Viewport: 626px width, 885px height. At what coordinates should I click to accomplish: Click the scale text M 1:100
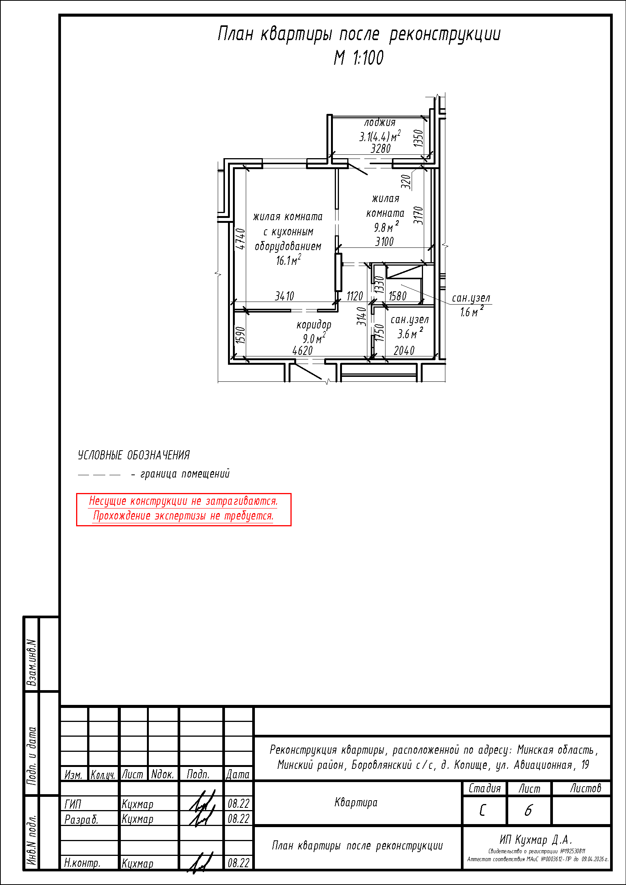[359, 58]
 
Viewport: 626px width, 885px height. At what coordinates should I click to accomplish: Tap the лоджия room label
[380, 123]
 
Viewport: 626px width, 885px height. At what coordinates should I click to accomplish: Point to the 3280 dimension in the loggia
[381, 148]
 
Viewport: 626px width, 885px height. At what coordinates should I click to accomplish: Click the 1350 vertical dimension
[418, 138]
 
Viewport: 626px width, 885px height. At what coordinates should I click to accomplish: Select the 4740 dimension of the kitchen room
[240, 239]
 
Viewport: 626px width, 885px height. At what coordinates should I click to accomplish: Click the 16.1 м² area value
[289, 260]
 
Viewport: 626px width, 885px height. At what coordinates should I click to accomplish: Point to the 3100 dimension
[384, 242]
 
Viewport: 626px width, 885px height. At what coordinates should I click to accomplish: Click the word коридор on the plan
[314, 325]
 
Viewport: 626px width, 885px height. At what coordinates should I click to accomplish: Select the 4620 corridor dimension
[303, 351]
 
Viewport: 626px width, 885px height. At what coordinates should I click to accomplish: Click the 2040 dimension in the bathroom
[404, 351]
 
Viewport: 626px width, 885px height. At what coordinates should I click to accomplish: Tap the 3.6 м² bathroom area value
[411, 333]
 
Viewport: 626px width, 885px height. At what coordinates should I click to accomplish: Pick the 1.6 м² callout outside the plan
[472, 311]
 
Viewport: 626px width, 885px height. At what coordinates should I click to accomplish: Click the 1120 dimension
[355, 296]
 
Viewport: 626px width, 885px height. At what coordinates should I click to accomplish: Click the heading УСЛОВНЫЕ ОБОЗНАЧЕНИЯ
[134, 455]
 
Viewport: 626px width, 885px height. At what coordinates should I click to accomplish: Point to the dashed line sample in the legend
[99, 475]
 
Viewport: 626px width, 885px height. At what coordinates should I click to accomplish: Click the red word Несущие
[108, 501]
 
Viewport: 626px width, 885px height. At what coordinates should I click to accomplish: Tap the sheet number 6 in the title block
[528, 810]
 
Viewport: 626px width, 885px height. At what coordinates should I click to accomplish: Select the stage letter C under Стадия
[482, 810]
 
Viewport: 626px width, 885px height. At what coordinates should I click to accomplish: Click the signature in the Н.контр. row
[201, 863]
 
